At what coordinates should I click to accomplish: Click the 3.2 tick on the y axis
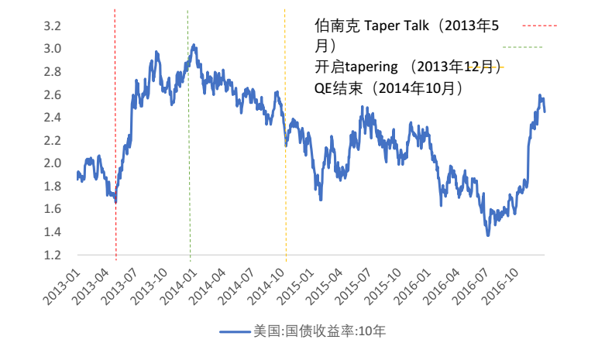pos(52,26)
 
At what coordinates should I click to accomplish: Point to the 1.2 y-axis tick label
pos(52,255)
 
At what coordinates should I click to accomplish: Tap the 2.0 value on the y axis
pos(52,163)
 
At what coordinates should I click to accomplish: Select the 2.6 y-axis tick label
pos(52,94)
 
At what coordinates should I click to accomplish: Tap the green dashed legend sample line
pos(522,47)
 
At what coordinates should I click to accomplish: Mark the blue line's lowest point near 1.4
pos(488,234)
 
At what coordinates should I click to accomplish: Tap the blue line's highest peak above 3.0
pos(194,45)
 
